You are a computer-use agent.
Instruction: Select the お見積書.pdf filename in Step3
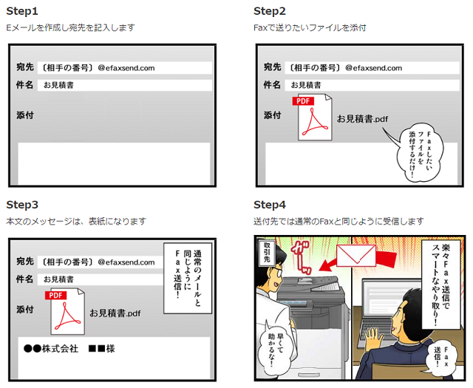tap(115, 313)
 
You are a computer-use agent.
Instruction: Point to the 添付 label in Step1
tap(25, 115)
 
